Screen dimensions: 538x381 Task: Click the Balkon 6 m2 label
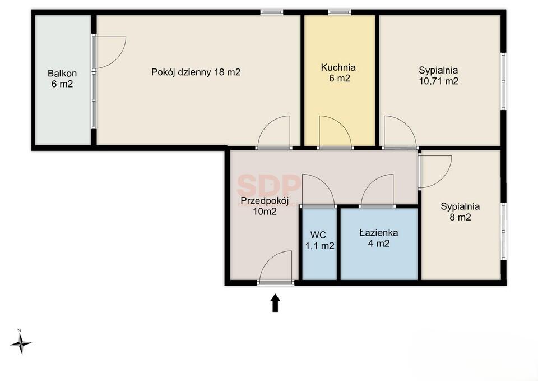(x=62, y=79)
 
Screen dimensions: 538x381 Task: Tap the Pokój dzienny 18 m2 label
(x=196, y=72)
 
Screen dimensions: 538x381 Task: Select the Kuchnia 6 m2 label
(x=338, y=72)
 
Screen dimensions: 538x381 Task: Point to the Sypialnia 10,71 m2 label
(x=438, y=76)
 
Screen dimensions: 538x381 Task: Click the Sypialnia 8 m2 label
(x=460, y=212)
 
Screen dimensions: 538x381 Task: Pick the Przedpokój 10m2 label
(x=265, y=205)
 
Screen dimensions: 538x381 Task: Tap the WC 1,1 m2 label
(x=320, y=241)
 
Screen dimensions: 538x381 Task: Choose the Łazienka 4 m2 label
(x=379, y=238)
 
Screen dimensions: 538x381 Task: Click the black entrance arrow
(x=275, y=302)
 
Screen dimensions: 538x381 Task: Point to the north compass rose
(x=21, y=342)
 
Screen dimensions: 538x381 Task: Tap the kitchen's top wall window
(x=340, y=12)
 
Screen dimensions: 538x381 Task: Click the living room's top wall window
(x=272, y=12)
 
